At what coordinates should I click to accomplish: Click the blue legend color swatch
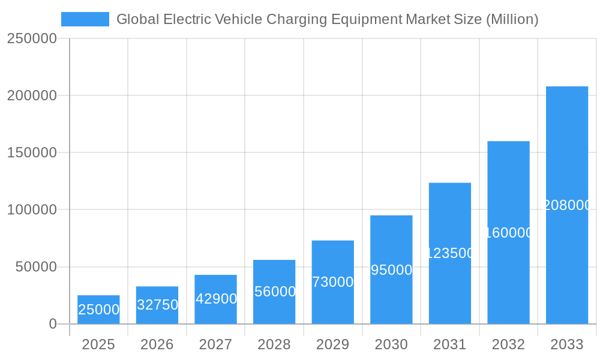coord(85,19)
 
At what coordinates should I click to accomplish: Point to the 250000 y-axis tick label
coord(32,38)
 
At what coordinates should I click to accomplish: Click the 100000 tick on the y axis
coord(32,210)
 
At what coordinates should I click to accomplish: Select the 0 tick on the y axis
coord(52,324)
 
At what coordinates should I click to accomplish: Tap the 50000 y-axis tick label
coord(36,267)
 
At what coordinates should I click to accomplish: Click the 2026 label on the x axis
coord(157,344)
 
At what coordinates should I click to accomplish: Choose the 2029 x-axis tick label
coord(332,344)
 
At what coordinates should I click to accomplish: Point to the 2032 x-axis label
coord(508,344)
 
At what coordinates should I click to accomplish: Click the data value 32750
coord(157,305)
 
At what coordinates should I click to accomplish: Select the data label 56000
coord(275,292)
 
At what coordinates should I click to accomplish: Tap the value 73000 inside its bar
coord(333,282)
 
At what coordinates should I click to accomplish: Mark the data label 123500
coord(450,253)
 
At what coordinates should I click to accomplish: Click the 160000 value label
coord(509,233)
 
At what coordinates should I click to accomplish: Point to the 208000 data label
coord(567,205)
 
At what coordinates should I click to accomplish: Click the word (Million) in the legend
coord(512,19)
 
